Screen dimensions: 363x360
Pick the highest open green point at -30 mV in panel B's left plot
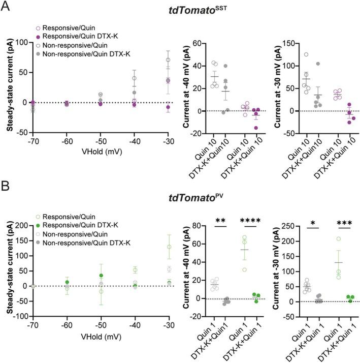pos(169,247)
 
